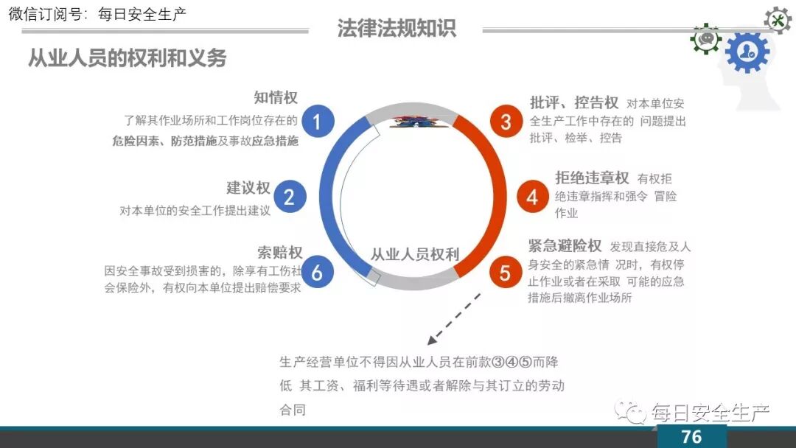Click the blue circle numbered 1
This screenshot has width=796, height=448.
coord(317,122)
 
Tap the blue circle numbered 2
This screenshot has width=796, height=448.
coord(289,197)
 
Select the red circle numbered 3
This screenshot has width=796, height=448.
coord(506,122)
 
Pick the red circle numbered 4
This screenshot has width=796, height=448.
coord(532,197)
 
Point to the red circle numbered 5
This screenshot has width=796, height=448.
coord(506,273)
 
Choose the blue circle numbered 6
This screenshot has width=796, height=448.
coord(317,273)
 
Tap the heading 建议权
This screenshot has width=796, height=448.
coord(248,189)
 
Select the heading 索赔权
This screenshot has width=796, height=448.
coord(280,253)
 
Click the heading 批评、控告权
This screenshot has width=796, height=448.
coord(574,102)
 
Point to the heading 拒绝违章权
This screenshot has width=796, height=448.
coord(592,178)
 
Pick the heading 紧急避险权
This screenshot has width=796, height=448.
coord(565,245)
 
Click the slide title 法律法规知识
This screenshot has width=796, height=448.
coord(397,28)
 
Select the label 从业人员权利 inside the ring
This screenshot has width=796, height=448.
coord(414,255)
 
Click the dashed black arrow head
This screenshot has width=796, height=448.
coord(431,341)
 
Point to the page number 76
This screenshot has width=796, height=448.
coord(691,436)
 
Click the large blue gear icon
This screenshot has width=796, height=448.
coord(747,52)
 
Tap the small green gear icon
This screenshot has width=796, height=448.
coord(705,38)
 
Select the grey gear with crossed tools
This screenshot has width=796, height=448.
coord(777,20)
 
